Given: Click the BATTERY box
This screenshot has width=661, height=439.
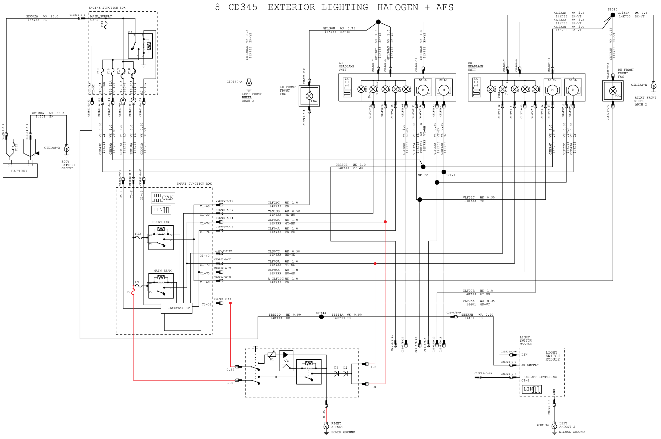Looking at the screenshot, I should tap(20, 170).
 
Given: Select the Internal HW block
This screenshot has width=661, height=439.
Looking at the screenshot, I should tap(177, 308).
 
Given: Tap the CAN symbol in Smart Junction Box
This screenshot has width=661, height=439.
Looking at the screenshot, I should tap(163, 198).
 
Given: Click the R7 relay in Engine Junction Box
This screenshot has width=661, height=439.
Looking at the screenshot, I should tap(140, 46).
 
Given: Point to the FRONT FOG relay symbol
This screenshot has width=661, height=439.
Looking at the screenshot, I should tap(161, 237).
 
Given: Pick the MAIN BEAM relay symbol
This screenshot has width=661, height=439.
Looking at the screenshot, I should tap(161, 286).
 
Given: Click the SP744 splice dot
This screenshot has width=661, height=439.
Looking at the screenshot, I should tap(322, 317).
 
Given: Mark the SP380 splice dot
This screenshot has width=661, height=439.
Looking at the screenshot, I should tap(613, 15).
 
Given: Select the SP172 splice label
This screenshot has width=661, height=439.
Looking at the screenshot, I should tap(423, 175).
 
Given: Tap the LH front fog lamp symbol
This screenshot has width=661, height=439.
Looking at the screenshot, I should tap(309, 96).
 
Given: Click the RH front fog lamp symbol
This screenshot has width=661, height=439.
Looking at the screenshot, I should tap(613, 91).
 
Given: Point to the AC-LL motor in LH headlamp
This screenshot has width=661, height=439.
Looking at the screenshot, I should tap(423, 90).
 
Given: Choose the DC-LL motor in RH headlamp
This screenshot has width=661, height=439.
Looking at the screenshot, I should tap(573, 90).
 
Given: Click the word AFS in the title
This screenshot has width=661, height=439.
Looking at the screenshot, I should tap(444, 7).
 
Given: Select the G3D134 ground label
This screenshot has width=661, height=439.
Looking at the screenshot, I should tap(543, 425).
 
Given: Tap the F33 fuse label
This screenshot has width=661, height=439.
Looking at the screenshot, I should tap(102, 25).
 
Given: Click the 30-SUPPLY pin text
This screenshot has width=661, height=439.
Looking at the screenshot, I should tap(530, 365).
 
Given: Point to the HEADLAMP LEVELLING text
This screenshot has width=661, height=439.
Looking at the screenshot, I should tap(539, 377).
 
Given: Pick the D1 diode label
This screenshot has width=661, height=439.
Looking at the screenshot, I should tap(336, 368).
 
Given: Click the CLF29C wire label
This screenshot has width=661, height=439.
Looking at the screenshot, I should tap(274, 203).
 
